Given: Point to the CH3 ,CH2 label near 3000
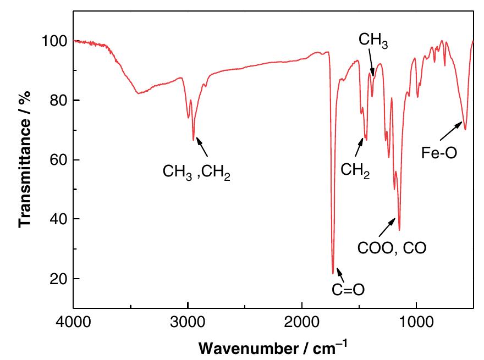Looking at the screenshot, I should (x=196, y=171).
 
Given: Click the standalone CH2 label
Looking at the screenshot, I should (x=355, y=169).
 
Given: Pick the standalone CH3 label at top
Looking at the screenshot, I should (x=373, y=40).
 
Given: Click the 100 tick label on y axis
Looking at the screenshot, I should (x=56, y=41).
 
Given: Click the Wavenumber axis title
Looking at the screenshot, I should (x=273, y=347).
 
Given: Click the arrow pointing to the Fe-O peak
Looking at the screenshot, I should (x=452, y=131).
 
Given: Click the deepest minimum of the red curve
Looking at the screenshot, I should (x=333, y=273).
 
